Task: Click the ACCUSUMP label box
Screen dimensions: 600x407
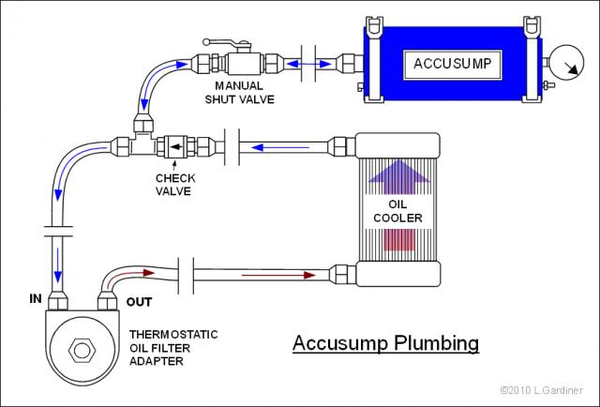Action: pyautogui.click(x=453, y=65)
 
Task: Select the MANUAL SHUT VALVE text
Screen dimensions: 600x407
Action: pyautogui.click(x=240, y=93)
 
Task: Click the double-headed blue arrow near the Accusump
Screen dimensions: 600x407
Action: pyautogui.click(x=308, y=64)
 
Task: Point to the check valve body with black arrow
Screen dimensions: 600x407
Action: pyautogui.click(x=175, y=146)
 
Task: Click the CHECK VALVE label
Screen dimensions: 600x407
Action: pyautogui.click(x=175, y=185)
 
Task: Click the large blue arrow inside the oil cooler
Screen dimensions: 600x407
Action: pyautogui.click(x=398, y=176)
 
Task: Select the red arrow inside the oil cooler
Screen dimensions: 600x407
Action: pyautogui.click(x=398, y=240)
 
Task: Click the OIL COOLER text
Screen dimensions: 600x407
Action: pyautogui.click(x=397, y=211)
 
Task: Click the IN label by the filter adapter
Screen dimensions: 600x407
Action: pyautogui.click(x=36, y=298)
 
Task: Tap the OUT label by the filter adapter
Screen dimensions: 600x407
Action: pyautogui.click(x=139, y=302)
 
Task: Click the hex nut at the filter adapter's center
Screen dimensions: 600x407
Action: pyautogui.click(x=82, y=350)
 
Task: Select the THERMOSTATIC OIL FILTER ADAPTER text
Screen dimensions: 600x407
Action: pyautogui.click(x=173, y=348)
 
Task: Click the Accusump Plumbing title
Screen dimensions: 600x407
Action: pyautogui.click(x=385, y=342)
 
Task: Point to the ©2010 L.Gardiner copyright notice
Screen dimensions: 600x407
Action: pyautogui.click(x=542, y=390)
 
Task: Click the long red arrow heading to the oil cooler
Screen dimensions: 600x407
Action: pyautogui.click(x=278, y=275)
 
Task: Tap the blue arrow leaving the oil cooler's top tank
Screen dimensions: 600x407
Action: pyautogui.click(x=280, y=147)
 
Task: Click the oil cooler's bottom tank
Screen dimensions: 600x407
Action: pyautogui.click(x=397, y=274)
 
